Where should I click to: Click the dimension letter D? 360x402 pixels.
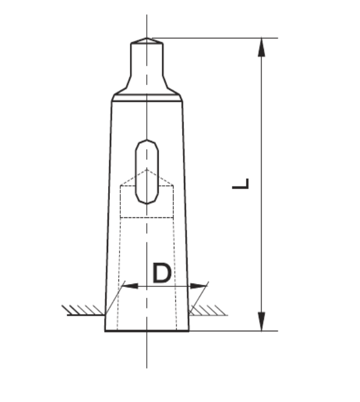pyautogui.click(x=162, y=273)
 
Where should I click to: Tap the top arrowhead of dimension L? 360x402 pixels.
pyautogui.click(x=262, y=47)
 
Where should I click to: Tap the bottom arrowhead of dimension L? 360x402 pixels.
pyautogui.click(x=262, y=321)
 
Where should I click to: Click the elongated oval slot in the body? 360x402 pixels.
pyautogui.click(x=147, y=172)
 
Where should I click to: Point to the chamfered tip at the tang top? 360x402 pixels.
pyautogui.click(x=147, y=41)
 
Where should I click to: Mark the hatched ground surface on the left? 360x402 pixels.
pyautogui.click(x=83, y=311)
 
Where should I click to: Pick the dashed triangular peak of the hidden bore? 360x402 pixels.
pyautogui.click(x=147, y=171)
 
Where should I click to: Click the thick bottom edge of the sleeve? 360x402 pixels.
pyautogui.click(x=147, y=331)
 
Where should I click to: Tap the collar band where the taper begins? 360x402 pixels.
pyautogui.click(x=147, y=98)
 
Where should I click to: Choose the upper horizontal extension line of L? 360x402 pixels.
pyautogui.click(x=219, y=39)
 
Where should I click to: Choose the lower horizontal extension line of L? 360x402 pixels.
pyautogui.click(x=230, y=331)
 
